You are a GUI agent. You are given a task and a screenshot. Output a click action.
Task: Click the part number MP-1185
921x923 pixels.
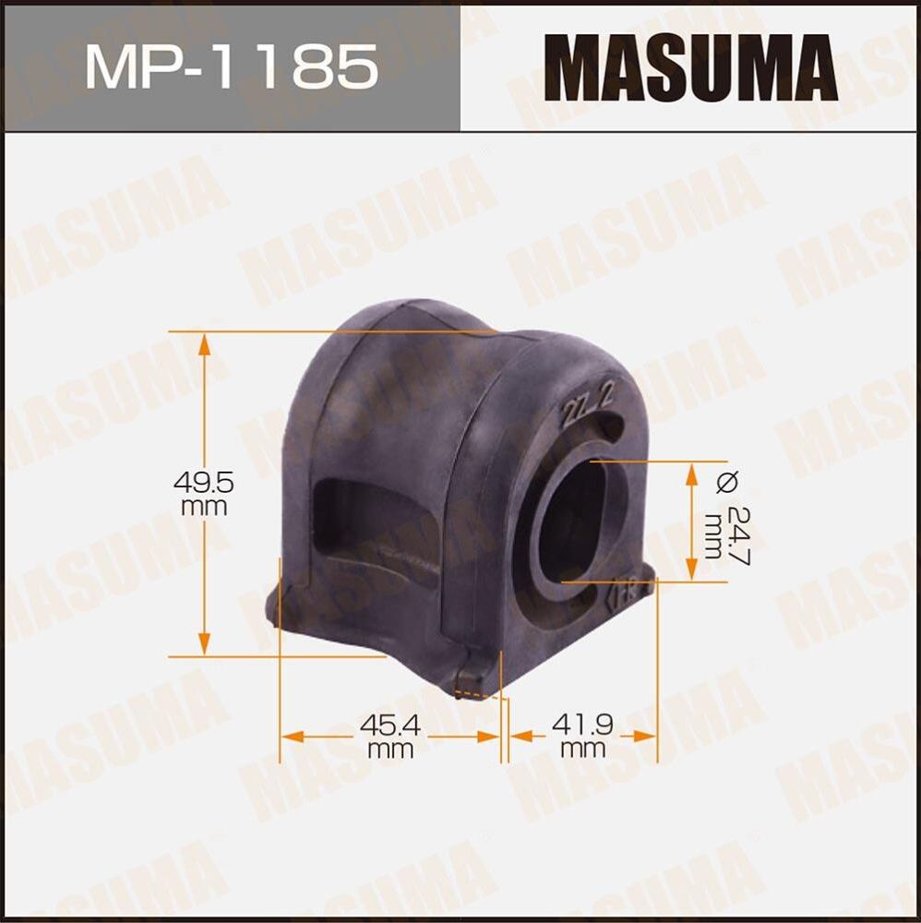pyautogui.click(x=231, y=66)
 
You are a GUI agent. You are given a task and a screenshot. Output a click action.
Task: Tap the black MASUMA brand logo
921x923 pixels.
pyautogui.click(x=690, y=66)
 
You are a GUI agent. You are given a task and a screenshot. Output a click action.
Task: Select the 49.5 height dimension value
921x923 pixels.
pyautogui.click(x=205, y=481)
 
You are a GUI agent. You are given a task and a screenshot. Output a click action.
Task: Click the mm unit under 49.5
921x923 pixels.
pyautogui.click(x=205, y=507)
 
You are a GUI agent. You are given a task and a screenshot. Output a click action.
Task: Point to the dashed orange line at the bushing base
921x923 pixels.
pyautogui.click(x=480, y=694)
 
